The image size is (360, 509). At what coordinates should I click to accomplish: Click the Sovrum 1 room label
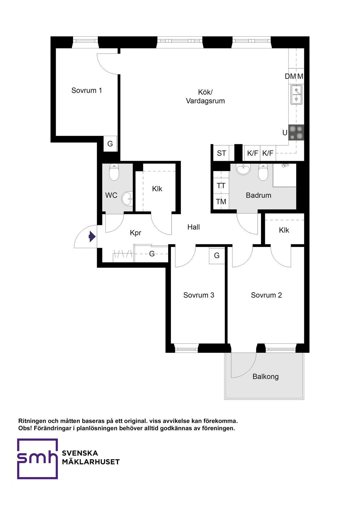point(87,91)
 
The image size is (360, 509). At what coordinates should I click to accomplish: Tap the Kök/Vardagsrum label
point(205,96)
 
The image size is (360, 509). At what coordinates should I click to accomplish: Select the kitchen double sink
point(296,94)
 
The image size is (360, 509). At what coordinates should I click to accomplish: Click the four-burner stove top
point(296,132)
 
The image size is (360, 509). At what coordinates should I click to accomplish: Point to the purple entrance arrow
point(92,236)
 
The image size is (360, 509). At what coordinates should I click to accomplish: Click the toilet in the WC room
point(114,172)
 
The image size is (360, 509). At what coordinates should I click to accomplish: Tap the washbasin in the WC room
point(127,199)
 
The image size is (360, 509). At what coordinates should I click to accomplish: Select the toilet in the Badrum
point(263,172)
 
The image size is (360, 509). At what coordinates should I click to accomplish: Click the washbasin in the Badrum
point(243,169)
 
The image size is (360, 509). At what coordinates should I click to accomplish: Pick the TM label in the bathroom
point(221,202)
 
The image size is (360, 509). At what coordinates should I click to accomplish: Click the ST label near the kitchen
point(221,153)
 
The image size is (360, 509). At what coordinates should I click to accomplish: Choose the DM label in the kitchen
point(291,76)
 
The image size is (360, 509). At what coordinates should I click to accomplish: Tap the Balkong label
point(265,377)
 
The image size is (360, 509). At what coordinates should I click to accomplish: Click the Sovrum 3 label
point(199,295)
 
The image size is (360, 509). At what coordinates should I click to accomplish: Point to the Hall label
point(193,227)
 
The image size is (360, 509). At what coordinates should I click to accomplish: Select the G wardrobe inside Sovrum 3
point(217,256)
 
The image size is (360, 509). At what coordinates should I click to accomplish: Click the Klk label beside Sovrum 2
point(284,230)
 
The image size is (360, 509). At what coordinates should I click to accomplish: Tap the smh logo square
point(37,458)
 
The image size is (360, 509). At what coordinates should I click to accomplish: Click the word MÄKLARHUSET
point(91,462)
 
